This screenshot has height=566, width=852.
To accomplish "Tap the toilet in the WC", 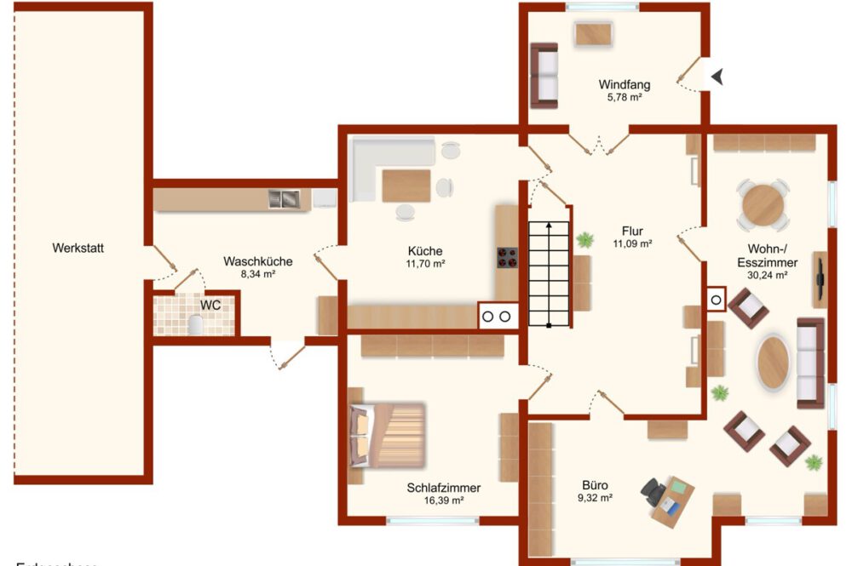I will point(196,324).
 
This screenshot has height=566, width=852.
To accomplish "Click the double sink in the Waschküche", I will point(285,199).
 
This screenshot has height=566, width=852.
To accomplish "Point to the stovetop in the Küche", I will point(508,257).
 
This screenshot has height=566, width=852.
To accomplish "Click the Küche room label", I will point(424,251).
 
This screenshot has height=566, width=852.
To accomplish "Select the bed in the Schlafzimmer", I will point(387,434).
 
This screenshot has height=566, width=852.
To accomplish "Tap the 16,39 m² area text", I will point(443,501).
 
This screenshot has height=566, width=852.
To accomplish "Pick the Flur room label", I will point(631,231).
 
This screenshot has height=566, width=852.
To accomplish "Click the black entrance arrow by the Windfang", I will point(720,77).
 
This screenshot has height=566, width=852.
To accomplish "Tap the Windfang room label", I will point(624,84).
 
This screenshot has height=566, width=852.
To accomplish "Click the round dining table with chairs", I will point(763,205).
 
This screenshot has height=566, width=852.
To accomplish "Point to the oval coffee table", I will point(774,363).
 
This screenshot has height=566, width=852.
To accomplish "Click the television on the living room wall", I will point(820,278).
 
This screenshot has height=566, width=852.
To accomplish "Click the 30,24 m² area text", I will point(767,275).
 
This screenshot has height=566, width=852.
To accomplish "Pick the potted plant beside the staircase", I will point(584,241).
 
